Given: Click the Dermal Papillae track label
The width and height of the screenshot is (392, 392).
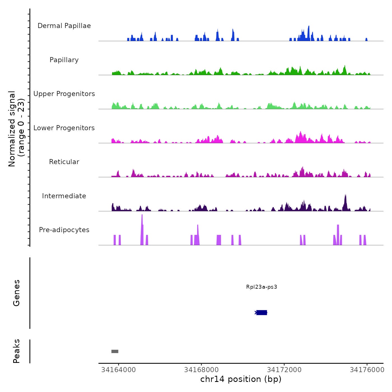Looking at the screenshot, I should [x=64, y=26].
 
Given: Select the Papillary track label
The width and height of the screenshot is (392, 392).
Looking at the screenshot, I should [x=64, y=60].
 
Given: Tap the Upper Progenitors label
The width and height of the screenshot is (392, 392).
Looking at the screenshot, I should [x=64, y=94].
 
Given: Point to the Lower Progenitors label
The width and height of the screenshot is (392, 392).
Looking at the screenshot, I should [x=64, y=128].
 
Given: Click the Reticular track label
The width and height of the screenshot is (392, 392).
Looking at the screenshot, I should [x=64, y=162].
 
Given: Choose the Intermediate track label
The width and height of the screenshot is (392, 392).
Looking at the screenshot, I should [x=64, y=196].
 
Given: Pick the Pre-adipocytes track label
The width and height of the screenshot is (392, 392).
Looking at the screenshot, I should [x=64, y=230].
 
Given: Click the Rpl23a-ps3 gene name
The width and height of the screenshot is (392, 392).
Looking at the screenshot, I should [x=262, y=287].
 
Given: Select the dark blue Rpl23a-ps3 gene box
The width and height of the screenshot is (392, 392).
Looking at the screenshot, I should [x=262, y=312].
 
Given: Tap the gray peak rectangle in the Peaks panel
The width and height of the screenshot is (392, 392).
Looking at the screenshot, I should [x=115, y=351].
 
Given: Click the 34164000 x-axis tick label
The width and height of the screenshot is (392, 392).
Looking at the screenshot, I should [x=118, y=370].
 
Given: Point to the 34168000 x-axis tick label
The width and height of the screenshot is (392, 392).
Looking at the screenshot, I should [x=201, y=370].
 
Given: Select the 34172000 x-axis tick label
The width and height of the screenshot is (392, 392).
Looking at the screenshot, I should [x=284, y=370].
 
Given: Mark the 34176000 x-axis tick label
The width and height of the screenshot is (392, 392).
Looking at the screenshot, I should [x=367, y=370].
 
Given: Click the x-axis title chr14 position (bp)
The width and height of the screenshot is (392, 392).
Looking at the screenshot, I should [x=241, y=379].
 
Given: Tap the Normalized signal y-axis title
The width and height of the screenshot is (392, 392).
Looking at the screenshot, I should [x=16, y=129].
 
